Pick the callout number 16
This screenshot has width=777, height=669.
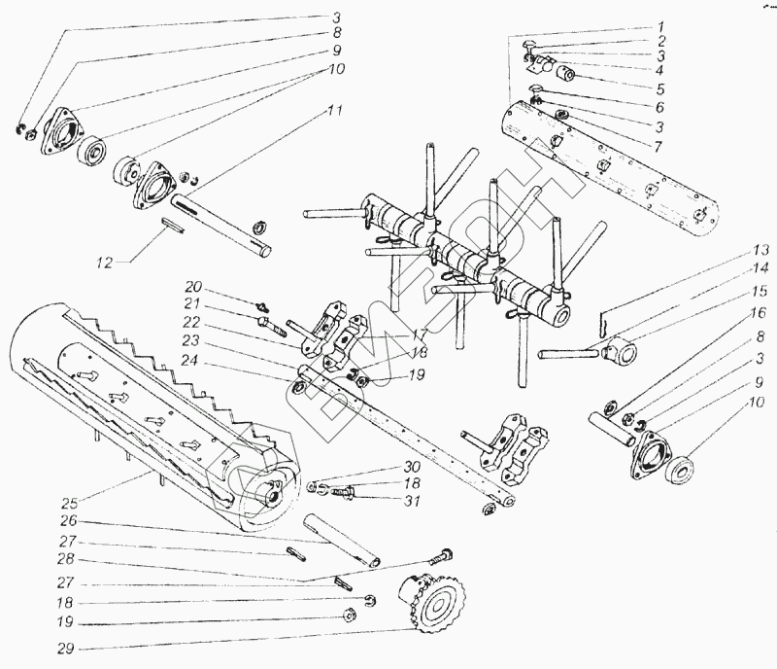(758, 313)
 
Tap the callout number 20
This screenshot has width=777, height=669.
(193, 288)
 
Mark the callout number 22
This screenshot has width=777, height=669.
(193, 323)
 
